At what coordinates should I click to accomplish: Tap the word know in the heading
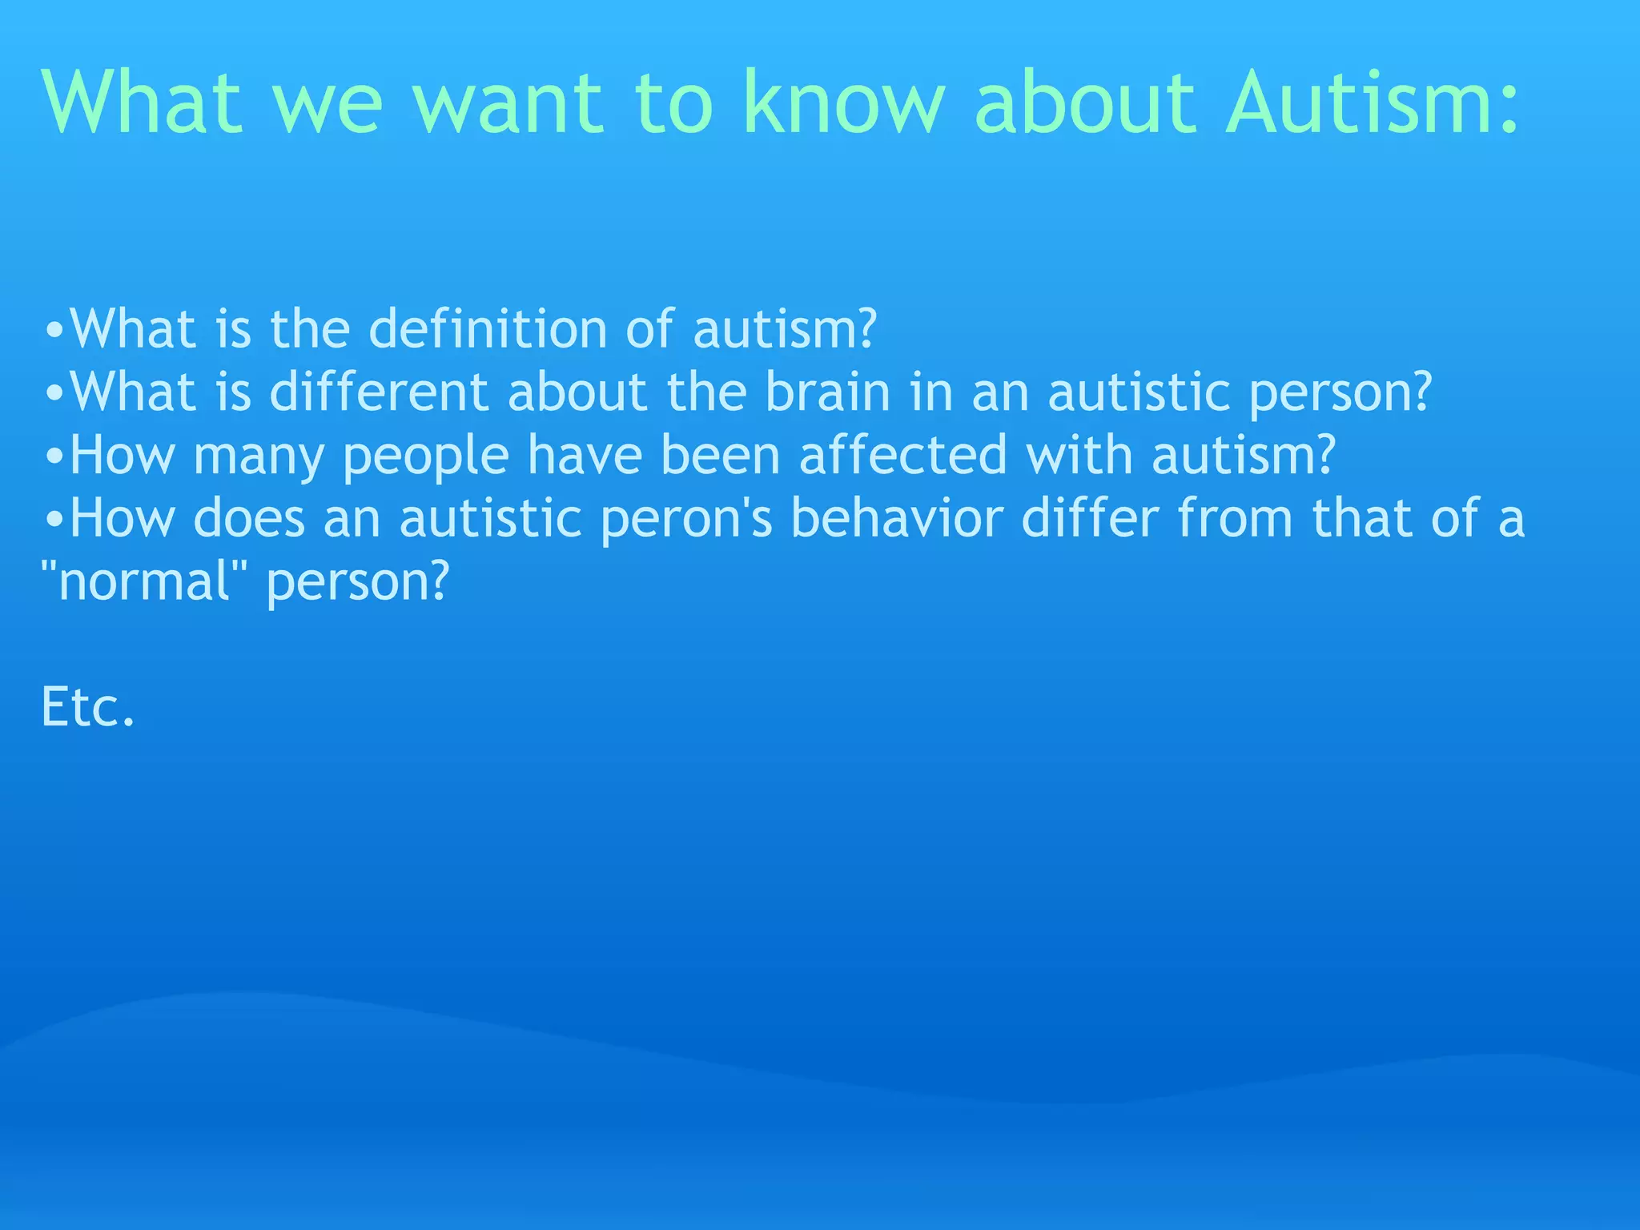(x=845, y=102)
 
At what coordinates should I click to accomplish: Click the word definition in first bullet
(x=488, y=329)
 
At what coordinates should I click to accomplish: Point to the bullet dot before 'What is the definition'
(x=54, y=331)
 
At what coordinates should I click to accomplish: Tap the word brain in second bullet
(x=827, y=392)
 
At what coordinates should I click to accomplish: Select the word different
(x=379, y=392)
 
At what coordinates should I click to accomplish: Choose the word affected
(x=902, y=455)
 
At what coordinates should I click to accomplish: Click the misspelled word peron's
(x=686, y=519)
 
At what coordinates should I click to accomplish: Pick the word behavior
(x=897, y=518)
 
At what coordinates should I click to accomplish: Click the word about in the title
(x=1085, y=102)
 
